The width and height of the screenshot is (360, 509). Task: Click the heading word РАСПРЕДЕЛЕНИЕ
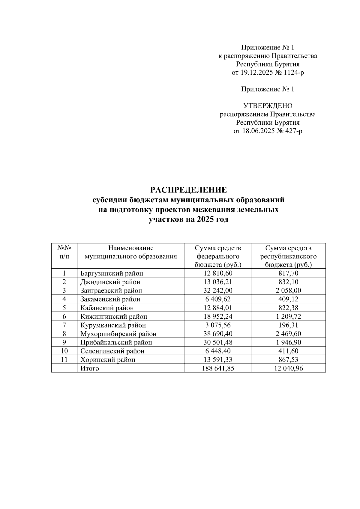pyautogui.click(x=188, y=190)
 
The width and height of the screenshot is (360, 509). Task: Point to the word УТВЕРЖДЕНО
pyautogui.click(x=268, y=106)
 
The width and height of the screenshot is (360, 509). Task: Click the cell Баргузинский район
pyautogui.click(x=111, y=273)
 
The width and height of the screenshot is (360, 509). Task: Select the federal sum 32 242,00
pyautogui.click(x=217, y=290)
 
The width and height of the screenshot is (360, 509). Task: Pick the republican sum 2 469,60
pyautogui.click(x=288, y=334)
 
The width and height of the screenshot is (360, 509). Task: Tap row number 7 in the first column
pyautogui.click(x=64, y=325)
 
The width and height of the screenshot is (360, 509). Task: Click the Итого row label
pyautogui.click(x=89, y=368)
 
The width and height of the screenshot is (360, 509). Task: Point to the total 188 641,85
pyautogui.click(x=217, y=368)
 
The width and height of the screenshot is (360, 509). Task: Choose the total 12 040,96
pyautogui.click(x=288, y=368)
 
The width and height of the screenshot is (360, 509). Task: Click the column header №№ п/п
pyautogui.click(x=64, y=252)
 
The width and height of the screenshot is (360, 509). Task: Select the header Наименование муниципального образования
pyautogui.click(x=131, y=252)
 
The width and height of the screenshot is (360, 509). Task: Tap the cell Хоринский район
pyautogui.click(x=107, y=360)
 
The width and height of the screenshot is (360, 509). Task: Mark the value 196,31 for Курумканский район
pyautogui.click(x=288, y=325)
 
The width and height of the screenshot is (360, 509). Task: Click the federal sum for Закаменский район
pyautogui.click(x=217, y=299)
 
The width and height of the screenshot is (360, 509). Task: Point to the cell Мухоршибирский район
pyautogui.click(x=118, y=334)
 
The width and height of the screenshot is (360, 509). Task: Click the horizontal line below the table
pyautogui.click(x=188, y=439)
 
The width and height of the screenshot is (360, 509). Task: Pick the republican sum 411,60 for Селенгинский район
pyautogui.click(x=288, y=351)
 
